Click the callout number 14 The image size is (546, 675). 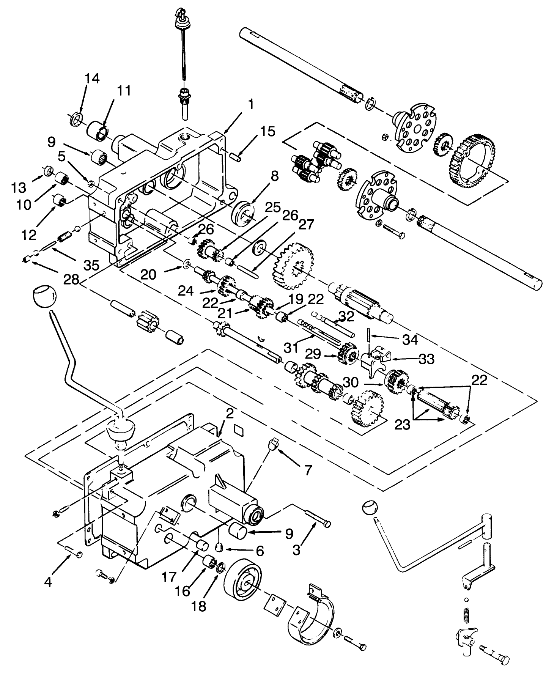[x=92, y=79]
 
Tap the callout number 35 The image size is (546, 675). [x=91, y=265]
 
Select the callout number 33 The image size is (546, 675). [x=426, y=358]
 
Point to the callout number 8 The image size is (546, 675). [x=275, y=176]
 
